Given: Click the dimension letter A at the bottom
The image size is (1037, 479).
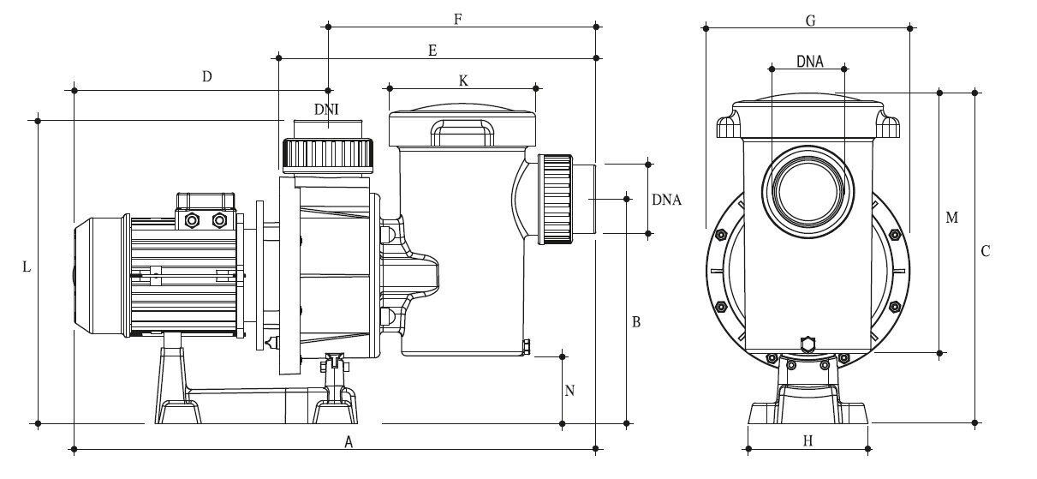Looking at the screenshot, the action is [349, 442].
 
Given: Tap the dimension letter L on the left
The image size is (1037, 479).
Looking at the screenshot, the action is [27, 266].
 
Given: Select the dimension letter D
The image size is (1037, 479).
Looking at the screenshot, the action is [207, 76].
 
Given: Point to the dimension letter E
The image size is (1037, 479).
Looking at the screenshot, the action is [432, 51].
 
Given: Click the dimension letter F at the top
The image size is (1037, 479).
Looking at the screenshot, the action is [457, 20].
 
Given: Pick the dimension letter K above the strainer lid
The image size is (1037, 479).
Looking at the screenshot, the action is [463, 81].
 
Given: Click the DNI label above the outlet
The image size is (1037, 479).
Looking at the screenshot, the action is [326, 110].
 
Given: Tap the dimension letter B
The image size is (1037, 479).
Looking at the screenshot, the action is [636, 322].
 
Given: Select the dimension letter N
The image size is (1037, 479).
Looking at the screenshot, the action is [569, 391].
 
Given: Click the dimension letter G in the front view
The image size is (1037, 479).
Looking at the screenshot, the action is [810, 21].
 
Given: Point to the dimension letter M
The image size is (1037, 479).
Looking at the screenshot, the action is [952, 218].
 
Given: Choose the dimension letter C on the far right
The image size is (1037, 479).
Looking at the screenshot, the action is [986, 251].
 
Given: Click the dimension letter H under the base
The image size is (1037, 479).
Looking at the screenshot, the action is [808, 440].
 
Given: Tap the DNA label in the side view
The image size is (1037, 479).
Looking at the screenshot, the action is [666, 200].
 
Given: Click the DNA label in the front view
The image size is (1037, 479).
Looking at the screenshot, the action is [810, 62].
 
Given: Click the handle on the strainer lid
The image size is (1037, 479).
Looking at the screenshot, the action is [462, 132].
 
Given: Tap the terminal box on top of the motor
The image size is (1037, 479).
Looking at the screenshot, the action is [206, 212].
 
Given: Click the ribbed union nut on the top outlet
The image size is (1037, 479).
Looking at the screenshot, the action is [328, 156].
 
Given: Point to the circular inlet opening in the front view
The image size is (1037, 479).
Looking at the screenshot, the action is [808, 192].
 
